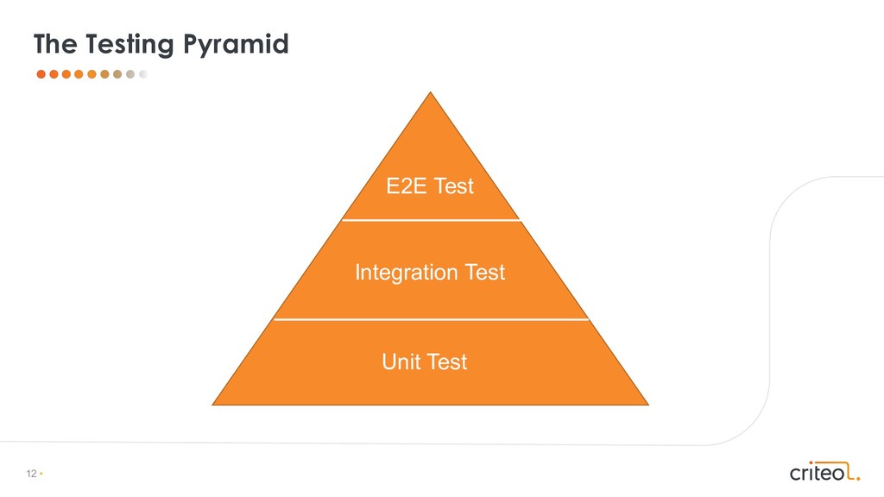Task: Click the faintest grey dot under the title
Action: pyautogui.click(x=143, y=74)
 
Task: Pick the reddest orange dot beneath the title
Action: pyautogui.click(x=41, y=74)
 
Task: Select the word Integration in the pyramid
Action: pyautogui.click(x=407, y=273)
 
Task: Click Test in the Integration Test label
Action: pyautogui.click(x=485, y=273)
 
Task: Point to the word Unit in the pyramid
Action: pyautogui.click(x=401, y=361)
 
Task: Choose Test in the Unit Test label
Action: pyautogui.click(x=446, y=361)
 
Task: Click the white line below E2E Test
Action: pyautogui.click(x=432, y=221)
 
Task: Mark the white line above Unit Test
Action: pyautogui.click(x=432, y=319)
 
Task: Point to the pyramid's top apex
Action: pyautogui.click(x=430, y=93)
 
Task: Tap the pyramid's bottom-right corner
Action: pyautogui.click(x=647, y=403)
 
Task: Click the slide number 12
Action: pyautogui.click(x=32, y=475)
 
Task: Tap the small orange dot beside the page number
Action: pyautogui.click(x=41, y=475)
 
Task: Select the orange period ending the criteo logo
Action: pyautogui.click(x=858, y=477)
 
